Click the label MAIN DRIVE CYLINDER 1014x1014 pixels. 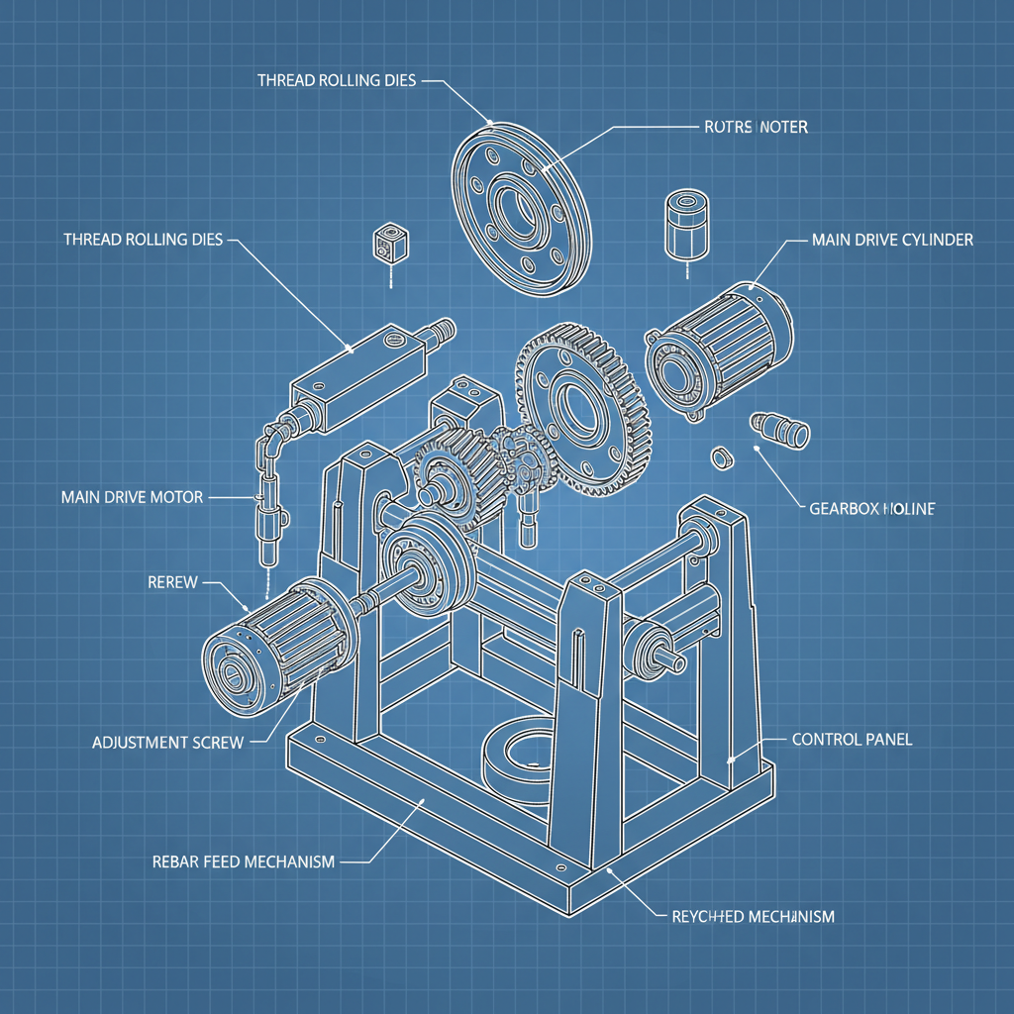pyautogui.click(x=891, y=241)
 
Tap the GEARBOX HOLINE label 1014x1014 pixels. pyautogui.click(x=871, y=509)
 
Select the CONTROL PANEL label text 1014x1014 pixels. pyautogui.click(x=852, y=740)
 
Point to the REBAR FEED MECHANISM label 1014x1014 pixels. pyautogui.click(x=243, y=862)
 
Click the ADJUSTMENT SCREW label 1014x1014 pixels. pyautogui.click(x=167, y=742)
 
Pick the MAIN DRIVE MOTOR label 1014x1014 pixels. pyautogui.click(x=132, y=496)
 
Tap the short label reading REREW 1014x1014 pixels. pyautogui.click(x=172, y=583)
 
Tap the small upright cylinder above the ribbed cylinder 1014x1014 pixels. pyautogui.click(x=682, y=223)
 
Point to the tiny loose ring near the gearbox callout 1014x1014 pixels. pyautogui.click(x=721, y=458)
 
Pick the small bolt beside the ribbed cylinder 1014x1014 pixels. pyautogui.click(x=781, y=427)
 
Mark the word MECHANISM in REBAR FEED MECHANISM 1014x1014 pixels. pyautogui.click(x=288, y=862)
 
